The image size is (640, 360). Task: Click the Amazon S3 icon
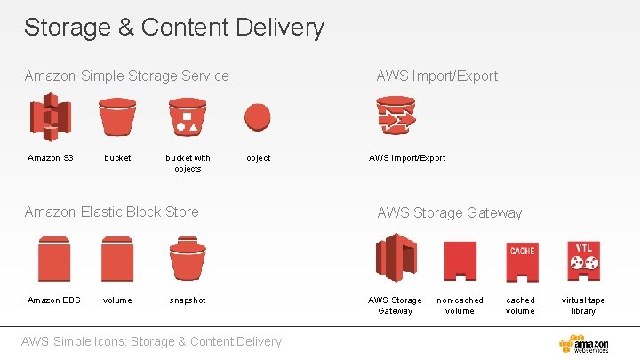(x=51, y=117)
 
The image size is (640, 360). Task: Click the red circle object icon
(x=258, y=117)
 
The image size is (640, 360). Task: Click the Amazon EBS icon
(x=54, y=259)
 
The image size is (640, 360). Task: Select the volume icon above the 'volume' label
(x=116, y=259)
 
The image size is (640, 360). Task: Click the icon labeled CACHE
(x=522, y=261)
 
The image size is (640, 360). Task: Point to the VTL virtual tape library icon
(x=583, y=260)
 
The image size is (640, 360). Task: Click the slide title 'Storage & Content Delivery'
(x=174, y=28)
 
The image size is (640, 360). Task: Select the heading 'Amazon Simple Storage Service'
(x=127, y=76)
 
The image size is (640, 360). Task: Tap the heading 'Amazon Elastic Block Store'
(x=112, y=212)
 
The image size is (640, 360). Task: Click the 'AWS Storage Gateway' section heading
(x=450, y=212)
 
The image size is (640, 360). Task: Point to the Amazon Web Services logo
(x=584, y=344)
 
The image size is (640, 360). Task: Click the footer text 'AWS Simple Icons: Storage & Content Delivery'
(x=151, y=341)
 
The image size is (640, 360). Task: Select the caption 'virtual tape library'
(x=583, y=305)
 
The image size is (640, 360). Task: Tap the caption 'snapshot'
(x=188, y=300)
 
